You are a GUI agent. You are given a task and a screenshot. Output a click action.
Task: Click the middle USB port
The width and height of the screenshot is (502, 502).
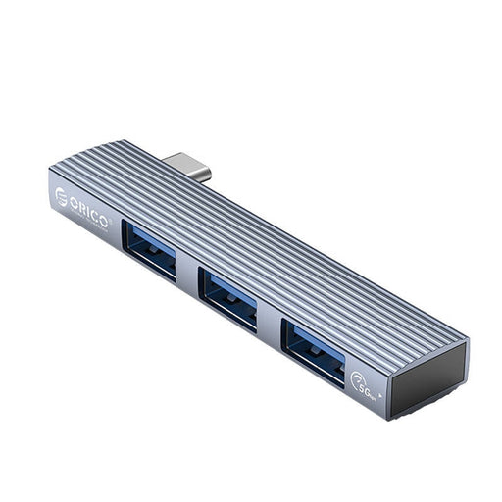click(228, 297)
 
